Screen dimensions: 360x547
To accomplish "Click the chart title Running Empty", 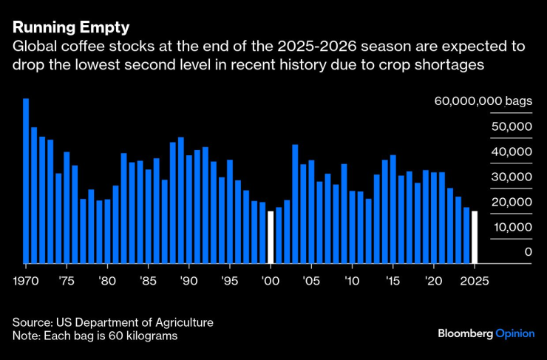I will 70,27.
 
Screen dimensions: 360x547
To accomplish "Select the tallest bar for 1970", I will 26,180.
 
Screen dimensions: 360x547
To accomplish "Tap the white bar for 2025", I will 475,237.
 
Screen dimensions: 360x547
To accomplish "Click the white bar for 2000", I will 271,237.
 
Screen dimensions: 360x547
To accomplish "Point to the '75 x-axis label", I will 66,282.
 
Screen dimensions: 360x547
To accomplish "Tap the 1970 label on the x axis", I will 26,282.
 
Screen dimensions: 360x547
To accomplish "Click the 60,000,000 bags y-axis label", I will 482,101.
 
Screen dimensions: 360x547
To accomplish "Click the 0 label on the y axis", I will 528,252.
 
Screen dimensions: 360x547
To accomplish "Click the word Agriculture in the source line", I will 182,322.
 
